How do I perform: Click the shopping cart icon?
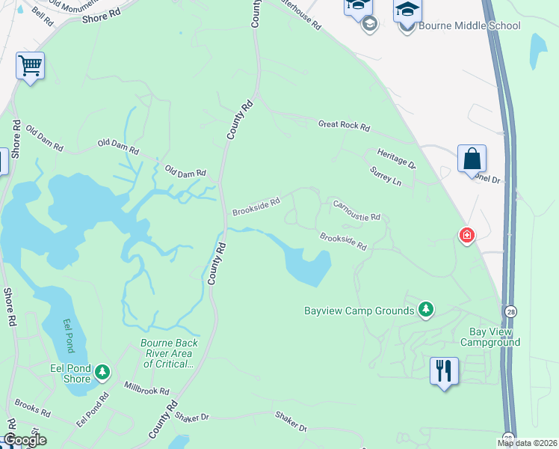[x=30, y=65]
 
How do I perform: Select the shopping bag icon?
[x=472, y=159]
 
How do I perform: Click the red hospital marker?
[x=467, y=236]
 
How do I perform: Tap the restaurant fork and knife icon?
[x=444, y=370]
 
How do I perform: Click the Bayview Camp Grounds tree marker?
[x=426, y=310]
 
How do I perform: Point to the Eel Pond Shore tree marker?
[x=102, y=370]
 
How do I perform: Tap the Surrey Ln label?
[x=386, y=177]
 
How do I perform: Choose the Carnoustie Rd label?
[x=356, y=210]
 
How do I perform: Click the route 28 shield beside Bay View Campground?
[x=509, y=311]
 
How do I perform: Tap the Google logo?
[x=24, y=440]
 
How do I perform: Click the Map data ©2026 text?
[x=528, y=443]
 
